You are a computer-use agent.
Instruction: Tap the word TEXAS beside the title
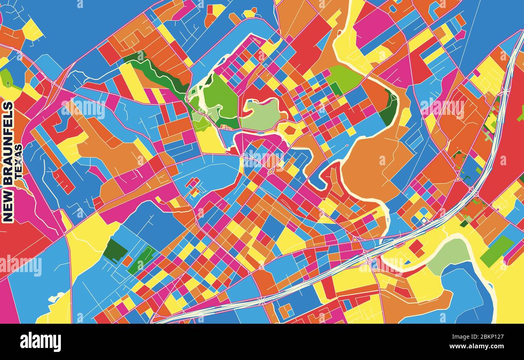click(x=19, y=162)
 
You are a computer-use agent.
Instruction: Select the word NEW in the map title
click(x=8, y=206)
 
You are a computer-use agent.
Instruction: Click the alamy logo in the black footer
click(x=41, y=342)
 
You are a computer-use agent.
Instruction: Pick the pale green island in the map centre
click(x=261, y=114)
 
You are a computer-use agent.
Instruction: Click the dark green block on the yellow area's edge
click(x=115, y=250)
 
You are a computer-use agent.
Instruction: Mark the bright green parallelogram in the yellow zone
click(x=497, y=251)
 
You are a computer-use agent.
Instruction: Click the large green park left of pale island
click(x=220, y=99)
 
